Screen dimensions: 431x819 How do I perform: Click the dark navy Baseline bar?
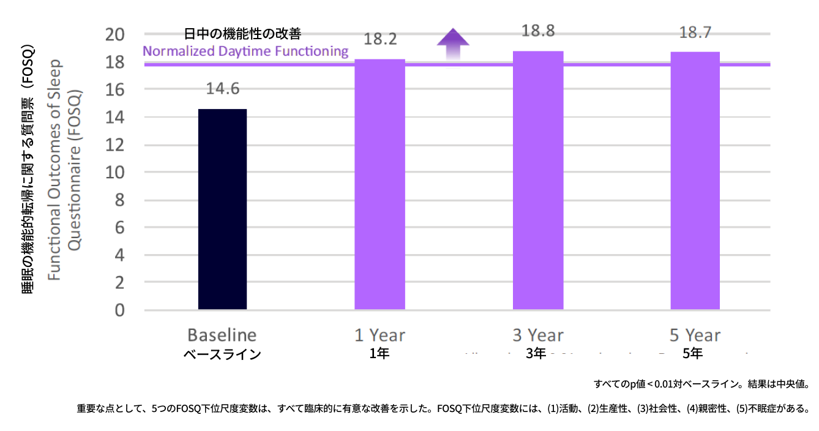click(x=222, y=209)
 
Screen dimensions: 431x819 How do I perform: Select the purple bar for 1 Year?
click(x=380, y=184)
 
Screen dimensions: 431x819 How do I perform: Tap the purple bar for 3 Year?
click(x=538, y=180)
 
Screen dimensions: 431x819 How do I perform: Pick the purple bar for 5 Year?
click(x=695, y=181)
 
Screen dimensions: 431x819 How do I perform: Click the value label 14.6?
click(x=222, y=89)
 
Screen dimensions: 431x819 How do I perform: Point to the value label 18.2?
click(x=380, y=39)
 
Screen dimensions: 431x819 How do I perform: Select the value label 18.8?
click(x=538, y=31)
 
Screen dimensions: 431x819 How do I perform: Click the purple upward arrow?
click(x=452, y=43)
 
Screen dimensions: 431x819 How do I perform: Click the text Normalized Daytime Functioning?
click(x=245, y=51)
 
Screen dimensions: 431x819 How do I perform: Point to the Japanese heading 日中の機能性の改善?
click(x=242, y=34)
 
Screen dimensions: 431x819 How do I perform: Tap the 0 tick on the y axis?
click(x=120, y=310)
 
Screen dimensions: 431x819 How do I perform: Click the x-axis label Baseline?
click(x=222, y=335)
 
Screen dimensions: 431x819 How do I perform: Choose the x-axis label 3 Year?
click(x=538, y=335)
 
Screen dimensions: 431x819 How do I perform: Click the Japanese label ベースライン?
click(x=222, y=354)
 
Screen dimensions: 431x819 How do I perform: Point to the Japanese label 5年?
click(x=694, y=353)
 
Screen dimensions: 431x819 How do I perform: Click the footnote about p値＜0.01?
click(x=701, y=384)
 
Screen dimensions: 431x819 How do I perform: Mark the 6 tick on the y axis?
click(x=120, y=228)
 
